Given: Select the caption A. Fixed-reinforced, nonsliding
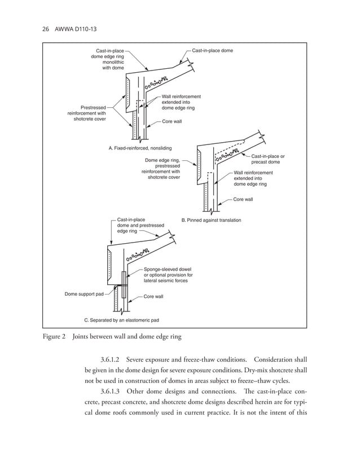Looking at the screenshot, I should point(140,148).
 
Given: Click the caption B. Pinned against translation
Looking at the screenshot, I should point(211,219).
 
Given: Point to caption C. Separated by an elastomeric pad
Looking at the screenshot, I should point(121,320).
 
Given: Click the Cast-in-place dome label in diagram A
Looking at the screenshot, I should point(212,51).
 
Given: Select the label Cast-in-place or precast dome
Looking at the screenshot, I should point(267,159).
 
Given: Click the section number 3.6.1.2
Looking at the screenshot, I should point(111,360).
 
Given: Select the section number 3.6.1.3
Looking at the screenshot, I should point(111,392).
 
